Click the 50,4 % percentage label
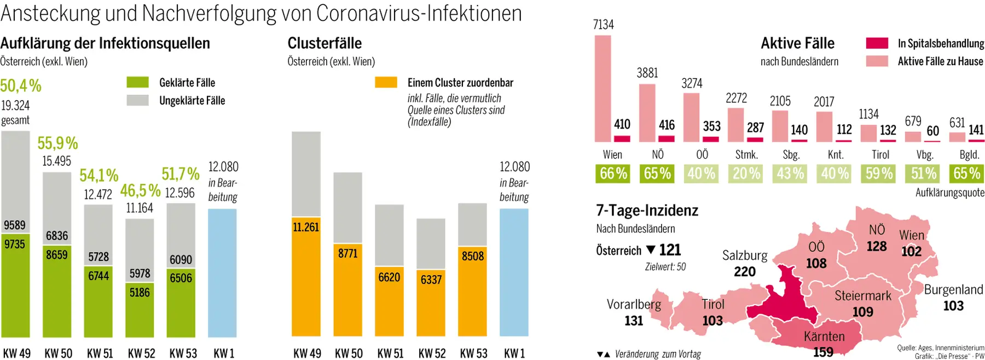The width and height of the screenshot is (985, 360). [x=21, y=86]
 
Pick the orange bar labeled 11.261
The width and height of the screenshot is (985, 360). [x=306, y=284]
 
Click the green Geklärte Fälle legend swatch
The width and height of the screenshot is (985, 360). [x=137, y=83]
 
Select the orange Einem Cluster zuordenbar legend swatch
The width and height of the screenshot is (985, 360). [x=386, y=83]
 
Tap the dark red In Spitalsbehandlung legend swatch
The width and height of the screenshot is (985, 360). [x=877, y=43]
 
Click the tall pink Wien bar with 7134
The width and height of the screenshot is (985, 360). [x=602, y=88]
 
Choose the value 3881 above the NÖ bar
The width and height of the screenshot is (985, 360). [x=647, y=73]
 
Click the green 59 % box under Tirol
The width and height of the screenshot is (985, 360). [x=879, y=173]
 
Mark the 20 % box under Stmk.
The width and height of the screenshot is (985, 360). [x=746, y=173]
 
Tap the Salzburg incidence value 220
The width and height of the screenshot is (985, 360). [x=744, y=271]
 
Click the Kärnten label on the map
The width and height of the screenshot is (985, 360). [x=824, y=336]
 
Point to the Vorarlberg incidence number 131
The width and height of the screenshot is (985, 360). [x=634, y=321]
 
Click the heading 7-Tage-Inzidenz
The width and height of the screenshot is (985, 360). [x=647, y=211]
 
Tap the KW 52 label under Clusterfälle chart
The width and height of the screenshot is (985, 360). [x=432, y=353]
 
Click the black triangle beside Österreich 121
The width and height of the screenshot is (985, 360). [x=651, y=249]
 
